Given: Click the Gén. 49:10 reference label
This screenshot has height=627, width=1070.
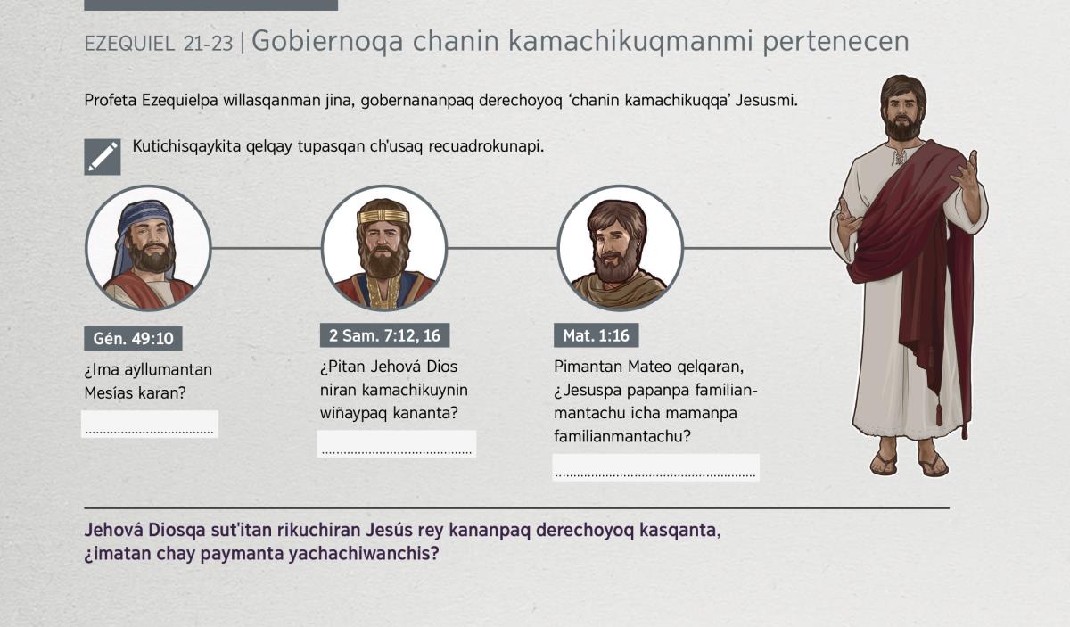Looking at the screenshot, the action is tap(133, 338).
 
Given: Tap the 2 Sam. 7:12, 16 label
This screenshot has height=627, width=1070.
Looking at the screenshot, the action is tap(384, 335).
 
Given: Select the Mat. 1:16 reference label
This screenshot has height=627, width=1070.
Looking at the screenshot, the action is tap(597, 335).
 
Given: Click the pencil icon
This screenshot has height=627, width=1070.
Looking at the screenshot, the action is tap(103, 157).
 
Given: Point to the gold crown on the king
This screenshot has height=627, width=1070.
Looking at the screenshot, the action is tap(383, 216).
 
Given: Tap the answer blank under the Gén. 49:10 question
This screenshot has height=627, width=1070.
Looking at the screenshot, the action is tap(150, 424).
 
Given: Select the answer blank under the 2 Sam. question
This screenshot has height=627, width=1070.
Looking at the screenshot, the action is tap(397, 444).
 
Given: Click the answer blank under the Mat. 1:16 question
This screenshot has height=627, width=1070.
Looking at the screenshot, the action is tap(656, 467).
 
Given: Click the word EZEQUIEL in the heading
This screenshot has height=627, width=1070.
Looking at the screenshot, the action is tap(129, 44).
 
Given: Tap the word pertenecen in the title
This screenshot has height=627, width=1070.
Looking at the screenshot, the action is tap(835, 41).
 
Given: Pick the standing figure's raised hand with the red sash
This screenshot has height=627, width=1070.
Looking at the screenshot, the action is tap(966, 172).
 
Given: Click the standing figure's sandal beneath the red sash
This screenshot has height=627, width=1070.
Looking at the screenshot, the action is tap(934, 464).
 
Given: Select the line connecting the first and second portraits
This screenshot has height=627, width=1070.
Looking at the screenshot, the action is tap(266, 248).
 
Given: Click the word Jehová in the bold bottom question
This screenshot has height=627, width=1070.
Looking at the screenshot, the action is tap(114, 530).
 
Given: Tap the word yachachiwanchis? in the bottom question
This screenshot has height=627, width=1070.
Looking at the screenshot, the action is tap(364, 554).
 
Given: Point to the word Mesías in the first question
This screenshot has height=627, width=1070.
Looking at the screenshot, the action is tap(109, 392).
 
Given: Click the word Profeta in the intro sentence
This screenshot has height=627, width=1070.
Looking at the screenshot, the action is tap(111, 101).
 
